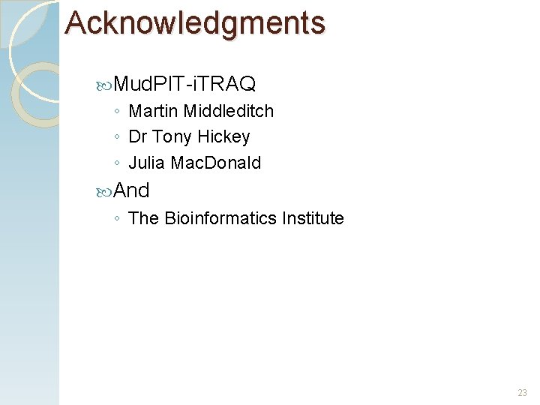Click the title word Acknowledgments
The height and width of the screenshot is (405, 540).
click(195, 23)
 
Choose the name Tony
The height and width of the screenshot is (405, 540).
click(172, 137)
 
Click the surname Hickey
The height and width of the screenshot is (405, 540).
click(224, 137)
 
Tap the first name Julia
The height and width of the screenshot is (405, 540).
click(148, 163)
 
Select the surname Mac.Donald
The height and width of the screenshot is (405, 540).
click(217, 163)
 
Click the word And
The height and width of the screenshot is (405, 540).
click(131, 190)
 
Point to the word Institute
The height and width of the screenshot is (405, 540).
click(313, 218)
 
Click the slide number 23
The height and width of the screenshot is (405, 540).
click(522, 393)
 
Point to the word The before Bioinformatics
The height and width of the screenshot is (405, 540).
click(144, 218)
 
